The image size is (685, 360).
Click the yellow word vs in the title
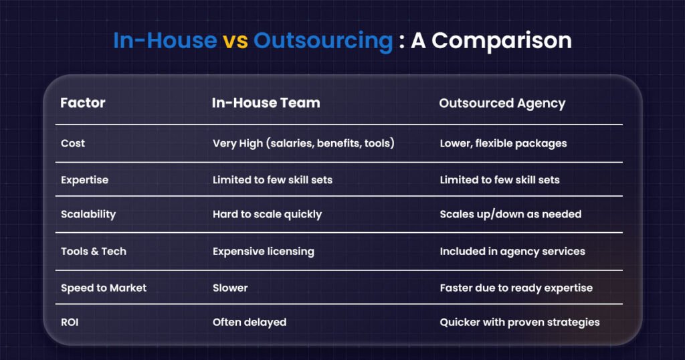[x=235, y=41]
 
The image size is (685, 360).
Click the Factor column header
[x=83, y=103]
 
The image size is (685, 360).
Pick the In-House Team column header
[x=266, y=103]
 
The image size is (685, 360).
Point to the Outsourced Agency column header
[x=502, y=104]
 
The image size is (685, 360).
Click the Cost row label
[x=73, y=143]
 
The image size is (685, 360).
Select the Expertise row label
[x=85, y=180]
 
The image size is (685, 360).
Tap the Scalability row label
[x=88, y=215]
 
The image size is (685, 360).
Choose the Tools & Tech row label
[x=94, y=251]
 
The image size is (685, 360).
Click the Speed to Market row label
[x=104, y=288]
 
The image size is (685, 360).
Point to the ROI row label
[x=70, y=322]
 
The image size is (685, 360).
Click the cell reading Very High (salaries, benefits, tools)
[x=304, y=143]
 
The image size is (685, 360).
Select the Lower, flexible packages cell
[x=503, y=144]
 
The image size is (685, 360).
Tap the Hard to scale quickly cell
[x=268, y=215]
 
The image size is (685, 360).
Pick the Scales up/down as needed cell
[x=510, y=215]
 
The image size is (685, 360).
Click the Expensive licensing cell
[x=264, y=252]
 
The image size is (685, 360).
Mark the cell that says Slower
[x=230, y=288]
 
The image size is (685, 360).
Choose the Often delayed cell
[x=250, y=323]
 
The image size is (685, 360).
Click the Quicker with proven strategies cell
[x=520, y=323]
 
